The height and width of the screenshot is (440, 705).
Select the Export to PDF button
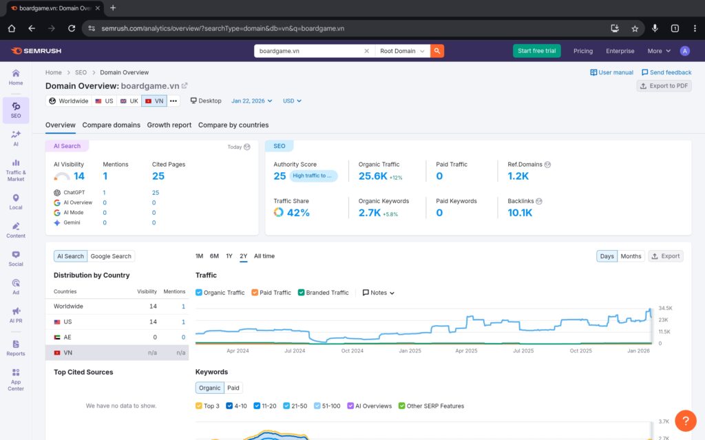[x=664, y=86]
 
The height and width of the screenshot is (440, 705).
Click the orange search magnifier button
[x=437, y=51]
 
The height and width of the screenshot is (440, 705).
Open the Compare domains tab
[x=111, y=125]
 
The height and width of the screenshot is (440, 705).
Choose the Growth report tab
[x=169, y=125]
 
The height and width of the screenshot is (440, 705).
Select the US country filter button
[x=104, y=101]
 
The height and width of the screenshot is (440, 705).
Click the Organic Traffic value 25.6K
[x=372, y=176]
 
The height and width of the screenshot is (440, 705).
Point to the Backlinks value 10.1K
[x=520, y=213]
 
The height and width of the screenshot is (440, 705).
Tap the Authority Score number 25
[x=280, y=176]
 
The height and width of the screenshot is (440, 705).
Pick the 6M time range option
[x=214, y=256]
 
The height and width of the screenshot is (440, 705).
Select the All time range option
[x=264, y=256]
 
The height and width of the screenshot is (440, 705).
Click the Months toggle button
[x=631, y=256]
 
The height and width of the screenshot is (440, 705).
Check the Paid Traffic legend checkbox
[x=255, y=293]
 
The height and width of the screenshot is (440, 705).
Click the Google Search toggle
[x=111, y=256]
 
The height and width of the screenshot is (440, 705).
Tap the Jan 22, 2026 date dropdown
[x=251, y=101]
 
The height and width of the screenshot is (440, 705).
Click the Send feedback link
[x=666, y=72]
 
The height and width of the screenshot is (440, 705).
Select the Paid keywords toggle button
[x=233, y=388]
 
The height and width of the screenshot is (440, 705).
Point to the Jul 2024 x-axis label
[x=294, y=350]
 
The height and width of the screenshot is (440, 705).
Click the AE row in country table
[x=117, y=337]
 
